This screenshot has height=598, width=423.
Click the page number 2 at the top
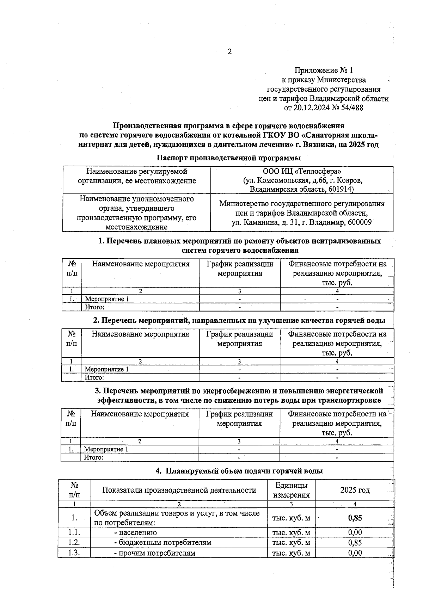click(229, 52)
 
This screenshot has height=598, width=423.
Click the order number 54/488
click(350, 108)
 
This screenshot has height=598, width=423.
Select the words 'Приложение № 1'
click(323, 71)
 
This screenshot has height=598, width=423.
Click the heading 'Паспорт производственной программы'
click(228, 158)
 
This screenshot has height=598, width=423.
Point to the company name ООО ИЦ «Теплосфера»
click(302, 171)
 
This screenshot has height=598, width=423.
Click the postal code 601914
click(341, 190)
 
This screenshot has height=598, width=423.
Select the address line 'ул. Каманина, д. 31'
click(264, 223)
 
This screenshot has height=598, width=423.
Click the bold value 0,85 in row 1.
click(355, 518)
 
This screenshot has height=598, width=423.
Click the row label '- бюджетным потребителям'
click(163, 542)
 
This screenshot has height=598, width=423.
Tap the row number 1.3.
click(74, 553)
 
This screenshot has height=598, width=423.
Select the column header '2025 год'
click(355, 490)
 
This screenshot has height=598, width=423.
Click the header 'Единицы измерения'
click(291, 490)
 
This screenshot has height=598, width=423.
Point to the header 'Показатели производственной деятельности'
click(179, 490)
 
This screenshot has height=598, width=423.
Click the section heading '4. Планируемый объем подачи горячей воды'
click(239, 471)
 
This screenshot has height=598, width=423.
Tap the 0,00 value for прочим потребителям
click(355, 553)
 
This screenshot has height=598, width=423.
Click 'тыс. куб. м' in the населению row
click(291, 532)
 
